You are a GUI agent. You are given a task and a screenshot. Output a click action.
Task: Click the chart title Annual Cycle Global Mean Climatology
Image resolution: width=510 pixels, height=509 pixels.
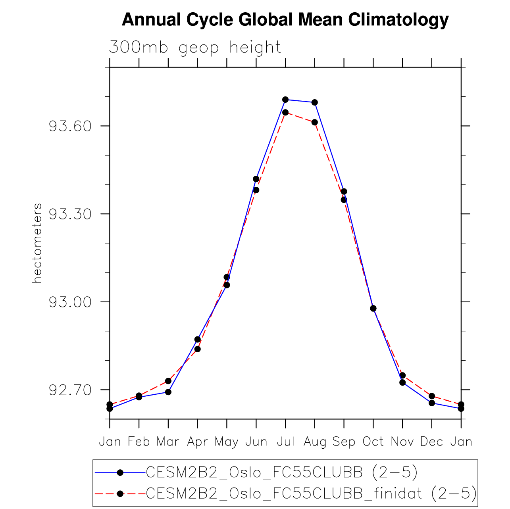285,20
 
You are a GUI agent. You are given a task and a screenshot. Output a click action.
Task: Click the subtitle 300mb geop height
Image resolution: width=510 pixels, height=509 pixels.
195,47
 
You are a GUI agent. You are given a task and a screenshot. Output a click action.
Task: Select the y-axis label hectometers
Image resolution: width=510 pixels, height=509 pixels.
37,243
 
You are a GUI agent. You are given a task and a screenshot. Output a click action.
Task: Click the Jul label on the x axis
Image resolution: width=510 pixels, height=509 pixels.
285,442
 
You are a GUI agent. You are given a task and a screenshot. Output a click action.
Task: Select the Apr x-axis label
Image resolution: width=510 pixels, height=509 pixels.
197,442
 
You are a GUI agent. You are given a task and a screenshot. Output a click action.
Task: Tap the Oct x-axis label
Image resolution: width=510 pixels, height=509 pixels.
373,442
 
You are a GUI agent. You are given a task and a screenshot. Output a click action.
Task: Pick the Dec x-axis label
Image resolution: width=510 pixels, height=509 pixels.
431,442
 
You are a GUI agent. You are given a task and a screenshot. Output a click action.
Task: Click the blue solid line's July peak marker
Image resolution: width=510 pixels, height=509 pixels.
285,99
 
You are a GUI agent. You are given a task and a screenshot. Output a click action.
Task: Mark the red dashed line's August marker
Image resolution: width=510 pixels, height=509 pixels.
315,122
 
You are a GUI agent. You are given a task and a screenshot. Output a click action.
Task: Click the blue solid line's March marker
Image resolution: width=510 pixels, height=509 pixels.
168,392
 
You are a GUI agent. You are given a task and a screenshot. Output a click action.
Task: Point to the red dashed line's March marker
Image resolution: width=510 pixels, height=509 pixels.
168,381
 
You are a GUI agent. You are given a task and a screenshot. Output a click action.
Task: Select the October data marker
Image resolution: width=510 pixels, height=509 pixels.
373,308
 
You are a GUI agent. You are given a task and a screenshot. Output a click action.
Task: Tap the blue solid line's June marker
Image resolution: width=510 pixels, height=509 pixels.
256,179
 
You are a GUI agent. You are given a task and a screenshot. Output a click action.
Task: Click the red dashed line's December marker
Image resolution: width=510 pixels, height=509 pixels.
432,396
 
